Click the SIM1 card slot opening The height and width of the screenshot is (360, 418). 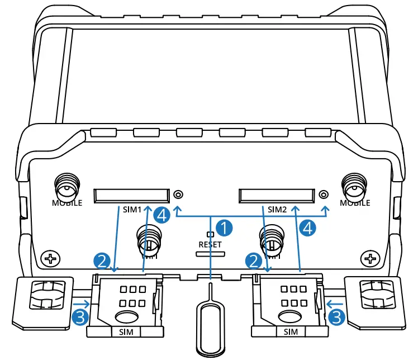[131, 195]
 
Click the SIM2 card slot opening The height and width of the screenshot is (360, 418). [276, 195]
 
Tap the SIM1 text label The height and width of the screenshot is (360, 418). [132, 210]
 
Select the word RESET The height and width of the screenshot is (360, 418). [210, 244]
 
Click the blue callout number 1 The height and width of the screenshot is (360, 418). [225, 228]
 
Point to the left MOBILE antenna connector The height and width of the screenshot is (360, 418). [67, 186]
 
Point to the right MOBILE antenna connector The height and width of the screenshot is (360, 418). [355, 186]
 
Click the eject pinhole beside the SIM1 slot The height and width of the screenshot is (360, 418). [178, 195]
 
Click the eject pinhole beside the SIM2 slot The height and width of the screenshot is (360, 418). [324, 195]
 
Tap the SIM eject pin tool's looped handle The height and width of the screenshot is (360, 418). [210, 327]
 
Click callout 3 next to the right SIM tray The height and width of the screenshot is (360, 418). [336, 318]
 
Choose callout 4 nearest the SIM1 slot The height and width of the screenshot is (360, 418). [161, 214]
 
